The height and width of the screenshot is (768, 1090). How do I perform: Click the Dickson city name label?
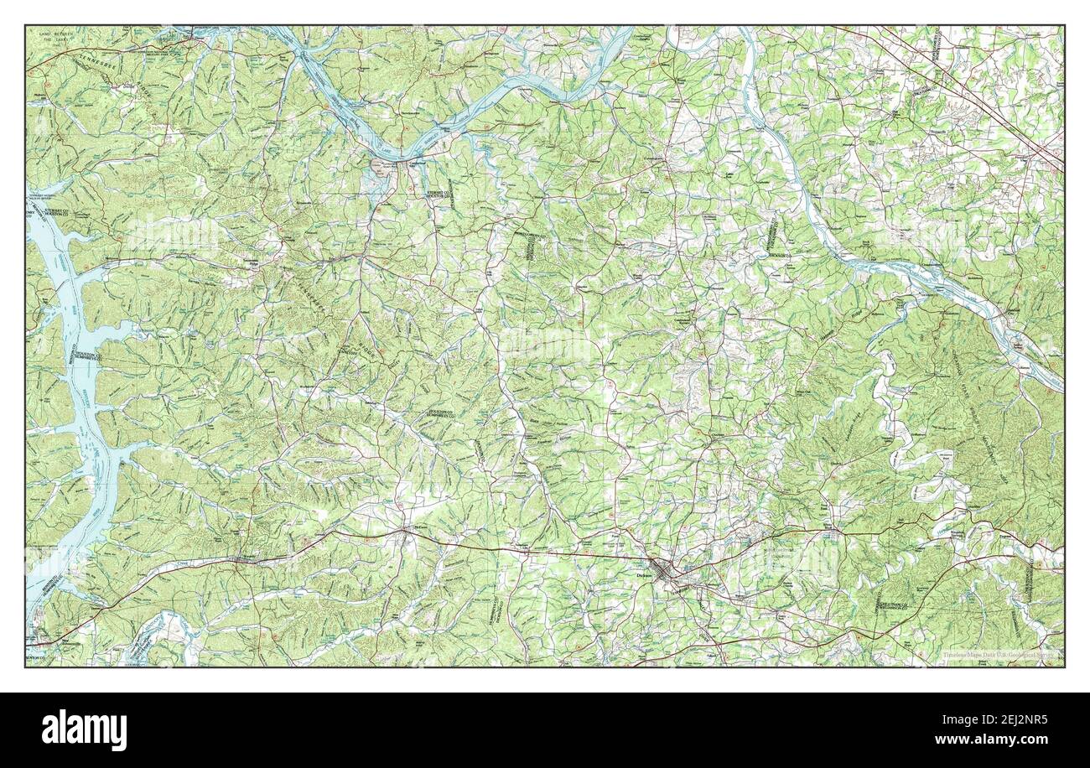coord(645,576)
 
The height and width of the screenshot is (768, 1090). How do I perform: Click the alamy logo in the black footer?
coord(84,729)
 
